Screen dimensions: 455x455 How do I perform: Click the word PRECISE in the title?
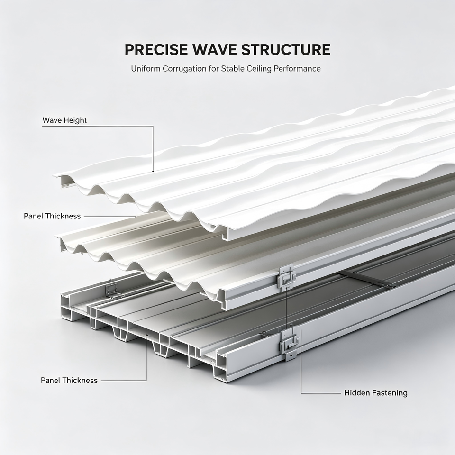tap(155, 50)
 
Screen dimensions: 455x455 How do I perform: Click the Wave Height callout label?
tap(64, 120)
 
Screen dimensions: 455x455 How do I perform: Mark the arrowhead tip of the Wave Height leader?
tap(153, 173)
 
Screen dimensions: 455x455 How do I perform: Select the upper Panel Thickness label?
tap(52, 216)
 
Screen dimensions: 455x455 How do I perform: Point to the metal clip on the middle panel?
tap(286, 278)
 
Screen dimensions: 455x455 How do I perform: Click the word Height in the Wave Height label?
tap(75, 120)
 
